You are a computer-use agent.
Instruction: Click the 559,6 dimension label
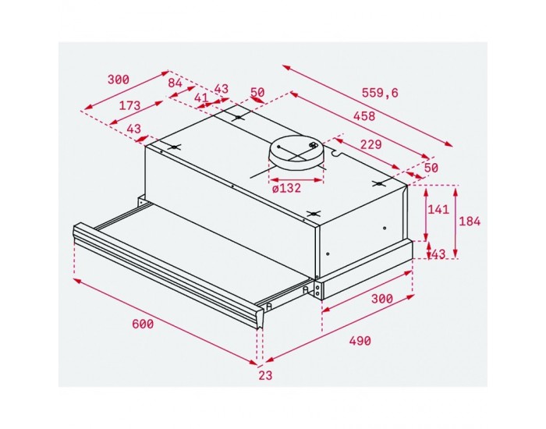click(x=380, y=93)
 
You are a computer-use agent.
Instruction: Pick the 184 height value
click(x=470, y=221)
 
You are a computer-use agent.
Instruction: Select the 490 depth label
click(x=359, y=341)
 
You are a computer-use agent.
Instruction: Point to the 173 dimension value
click(x=129, y=105)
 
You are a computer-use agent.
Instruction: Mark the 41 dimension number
click(x=200, y=98)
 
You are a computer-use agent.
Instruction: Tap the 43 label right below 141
click(x=438, y=253)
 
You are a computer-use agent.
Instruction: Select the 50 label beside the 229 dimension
click(x=431, y=168)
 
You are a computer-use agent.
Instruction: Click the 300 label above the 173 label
click(x=118, y=80)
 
